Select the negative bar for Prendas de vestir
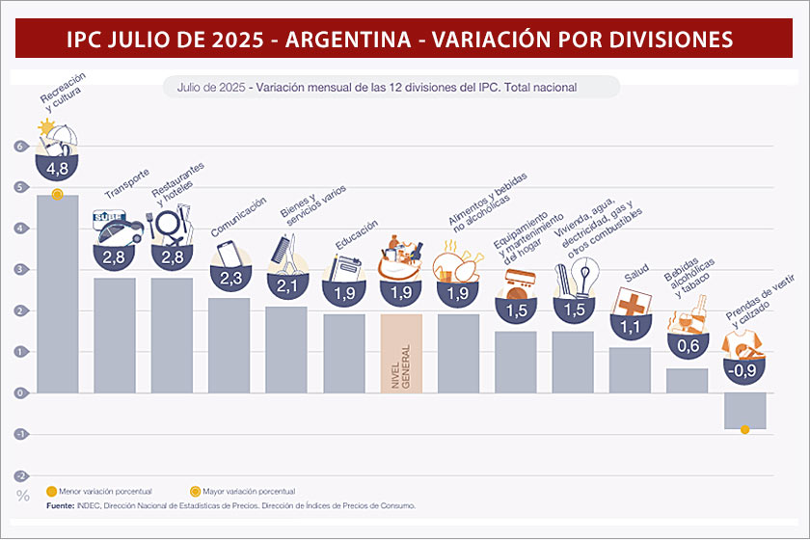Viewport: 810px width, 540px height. [x=744, y=411]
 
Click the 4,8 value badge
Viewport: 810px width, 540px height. [x=57, y=170]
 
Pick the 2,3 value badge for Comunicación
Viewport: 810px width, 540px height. [x=229, y=278]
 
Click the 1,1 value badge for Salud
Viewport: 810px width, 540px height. [x=630, y=328]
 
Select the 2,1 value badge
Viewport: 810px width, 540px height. [x=286, y=286]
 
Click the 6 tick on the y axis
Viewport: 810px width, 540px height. [x=18, y=147]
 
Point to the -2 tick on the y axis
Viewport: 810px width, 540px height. [x=18, y=475]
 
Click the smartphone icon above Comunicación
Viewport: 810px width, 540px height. [x=228, y=252]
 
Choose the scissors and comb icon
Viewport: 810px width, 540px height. [x=287, y=256]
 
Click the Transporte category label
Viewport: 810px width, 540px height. [x=127, y=183]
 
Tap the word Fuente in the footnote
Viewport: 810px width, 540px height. [x=61, y=505]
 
